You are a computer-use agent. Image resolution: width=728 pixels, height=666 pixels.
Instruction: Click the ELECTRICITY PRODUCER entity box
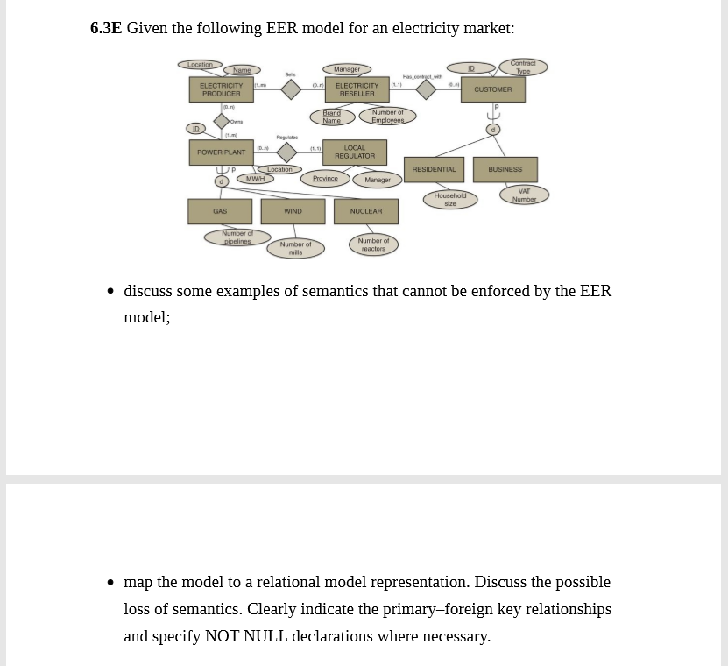pos(221,89)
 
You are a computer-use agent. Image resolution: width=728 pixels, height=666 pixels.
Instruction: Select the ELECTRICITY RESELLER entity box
pos(357,89)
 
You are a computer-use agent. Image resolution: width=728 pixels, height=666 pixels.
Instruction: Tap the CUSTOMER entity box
pos(492,89)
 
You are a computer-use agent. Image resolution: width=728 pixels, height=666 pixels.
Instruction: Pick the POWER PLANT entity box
pos(221,152)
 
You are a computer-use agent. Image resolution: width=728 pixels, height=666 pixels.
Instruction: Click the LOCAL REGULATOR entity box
pos(354,152)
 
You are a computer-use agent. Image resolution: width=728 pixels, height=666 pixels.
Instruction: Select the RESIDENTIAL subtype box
pos(434,169)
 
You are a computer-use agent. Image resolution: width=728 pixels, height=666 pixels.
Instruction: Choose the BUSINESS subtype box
pos(505,169)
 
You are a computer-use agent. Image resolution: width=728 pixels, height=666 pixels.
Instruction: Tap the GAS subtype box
pos(220,211)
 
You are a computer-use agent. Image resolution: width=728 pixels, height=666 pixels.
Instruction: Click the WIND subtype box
pos(293,211)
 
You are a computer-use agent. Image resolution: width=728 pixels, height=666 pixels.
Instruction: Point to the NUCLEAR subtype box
pos(365,211)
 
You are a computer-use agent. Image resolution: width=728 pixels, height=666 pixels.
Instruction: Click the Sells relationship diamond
pos(291,89)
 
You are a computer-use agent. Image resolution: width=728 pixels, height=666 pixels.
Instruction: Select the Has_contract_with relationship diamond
pos(426,89)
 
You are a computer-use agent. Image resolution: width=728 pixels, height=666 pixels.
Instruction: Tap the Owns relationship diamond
pos(222,121)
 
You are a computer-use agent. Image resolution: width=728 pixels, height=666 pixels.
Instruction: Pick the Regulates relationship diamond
pos(286,152)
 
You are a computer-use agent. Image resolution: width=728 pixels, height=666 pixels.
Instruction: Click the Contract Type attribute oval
pos(523,67)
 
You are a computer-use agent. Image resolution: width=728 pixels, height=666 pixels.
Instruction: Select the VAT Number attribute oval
pos(524,195)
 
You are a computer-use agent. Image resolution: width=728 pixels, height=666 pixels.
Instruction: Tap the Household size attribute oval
pos(450,199)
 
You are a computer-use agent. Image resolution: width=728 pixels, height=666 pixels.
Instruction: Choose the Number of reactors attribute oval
pos(373,244)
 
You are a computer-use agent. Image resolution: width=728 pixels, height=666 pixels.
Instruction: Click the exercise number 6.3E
pos(106,28)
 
